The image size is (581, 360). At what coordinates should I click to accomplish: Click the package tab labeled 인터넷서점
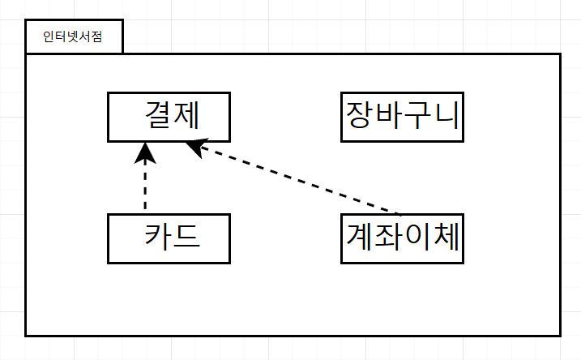tap(74, 36)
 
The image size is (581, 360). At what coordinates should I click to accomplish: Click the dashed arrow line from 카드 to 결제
tap(145, 177)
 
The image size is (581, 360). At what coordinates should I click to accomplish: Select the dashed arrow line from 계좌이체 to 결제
tap(293, 178)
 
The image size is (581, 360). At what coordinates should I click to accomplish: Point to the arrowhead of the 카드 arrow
tap(145, 152)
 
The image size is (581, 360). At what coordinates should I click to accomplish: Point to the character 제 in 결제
tap(186, 115)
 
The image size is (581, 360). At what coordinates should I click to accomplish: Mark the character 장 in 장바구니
tap(359, 115)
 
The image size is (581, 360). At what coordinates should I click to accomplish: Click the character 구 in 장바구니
tap(417, 115)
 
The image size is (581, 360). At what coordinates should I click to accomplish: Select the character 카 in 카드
tap(157, 236)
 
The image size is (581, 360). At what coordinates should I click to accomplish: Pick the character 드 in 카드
tap(186, 236)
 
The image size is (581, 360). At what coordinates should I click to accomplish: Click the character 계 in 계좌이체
tap(359, 236)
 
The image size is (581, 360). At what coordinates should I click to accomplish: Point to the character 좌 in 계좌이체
tap(388, 236)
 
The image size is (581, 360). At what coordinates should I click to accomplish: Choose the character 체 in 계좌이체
tap(446, 236)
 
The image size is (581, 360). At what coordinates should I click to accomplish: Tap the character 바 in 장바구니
tap(388, 115)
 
